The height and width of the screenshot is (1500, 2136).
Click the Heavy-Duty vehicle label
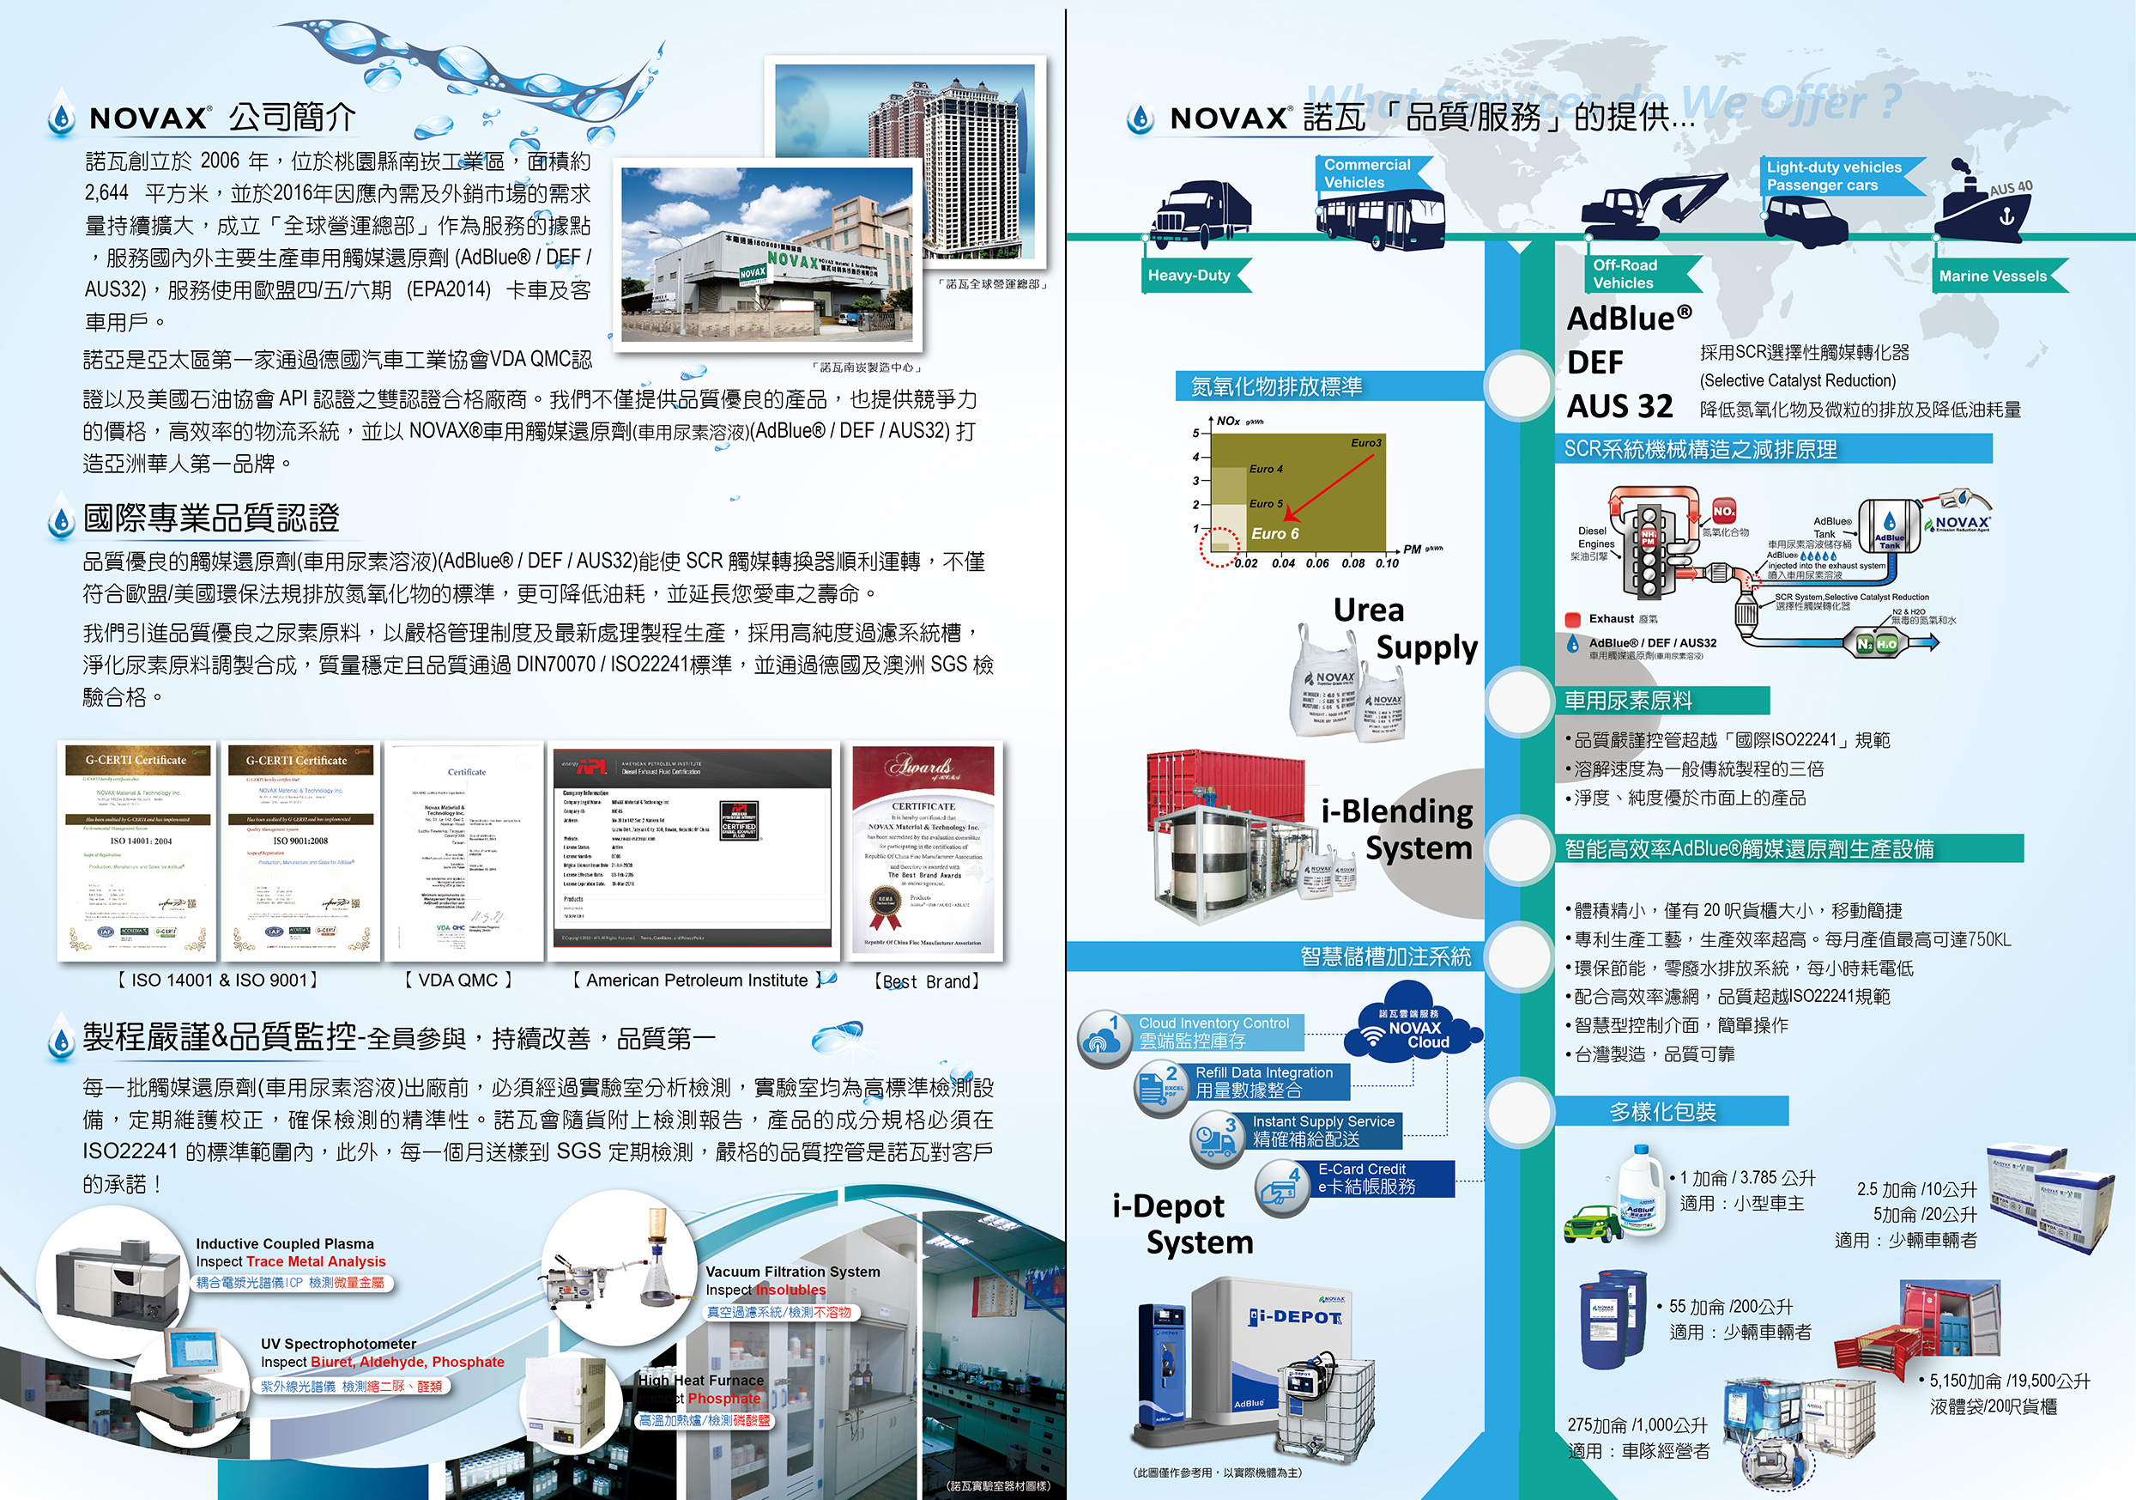click(1190, 276)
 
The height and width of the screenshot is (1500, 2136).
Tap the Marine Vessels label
click(1993, 276)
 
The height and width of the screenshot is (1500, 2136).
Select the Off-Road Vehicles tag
click(1625, 275)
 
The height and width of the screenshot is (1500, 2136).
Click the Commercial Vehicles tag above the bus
click(1366, 174)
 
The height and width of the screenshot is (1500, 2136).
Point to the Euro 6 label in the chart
click(1274, 534)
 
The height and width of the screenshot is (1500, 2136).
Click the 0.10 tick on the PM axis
click(1386, 563)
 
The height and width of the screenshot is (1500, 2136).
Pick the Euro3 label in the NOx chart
click(1365, 443)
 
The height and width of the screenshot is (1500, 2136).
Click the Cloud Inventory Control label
click(1213, 1023)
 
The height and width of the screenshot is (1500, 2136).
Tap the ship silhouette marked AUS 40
click(1982, 207)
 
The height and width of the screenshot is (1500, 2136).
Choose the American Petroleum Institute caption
click(697, 981)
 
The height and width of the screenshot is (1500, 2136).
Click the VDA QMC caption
click(458, 981)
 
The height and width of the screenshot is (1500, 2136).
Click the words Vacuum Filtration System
click(792, 1272)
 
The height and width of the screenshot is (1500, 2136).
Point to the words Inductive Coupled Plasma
click(285, 1244)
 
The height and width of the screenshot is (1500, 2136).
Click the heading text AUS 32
click(1619, 407)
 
